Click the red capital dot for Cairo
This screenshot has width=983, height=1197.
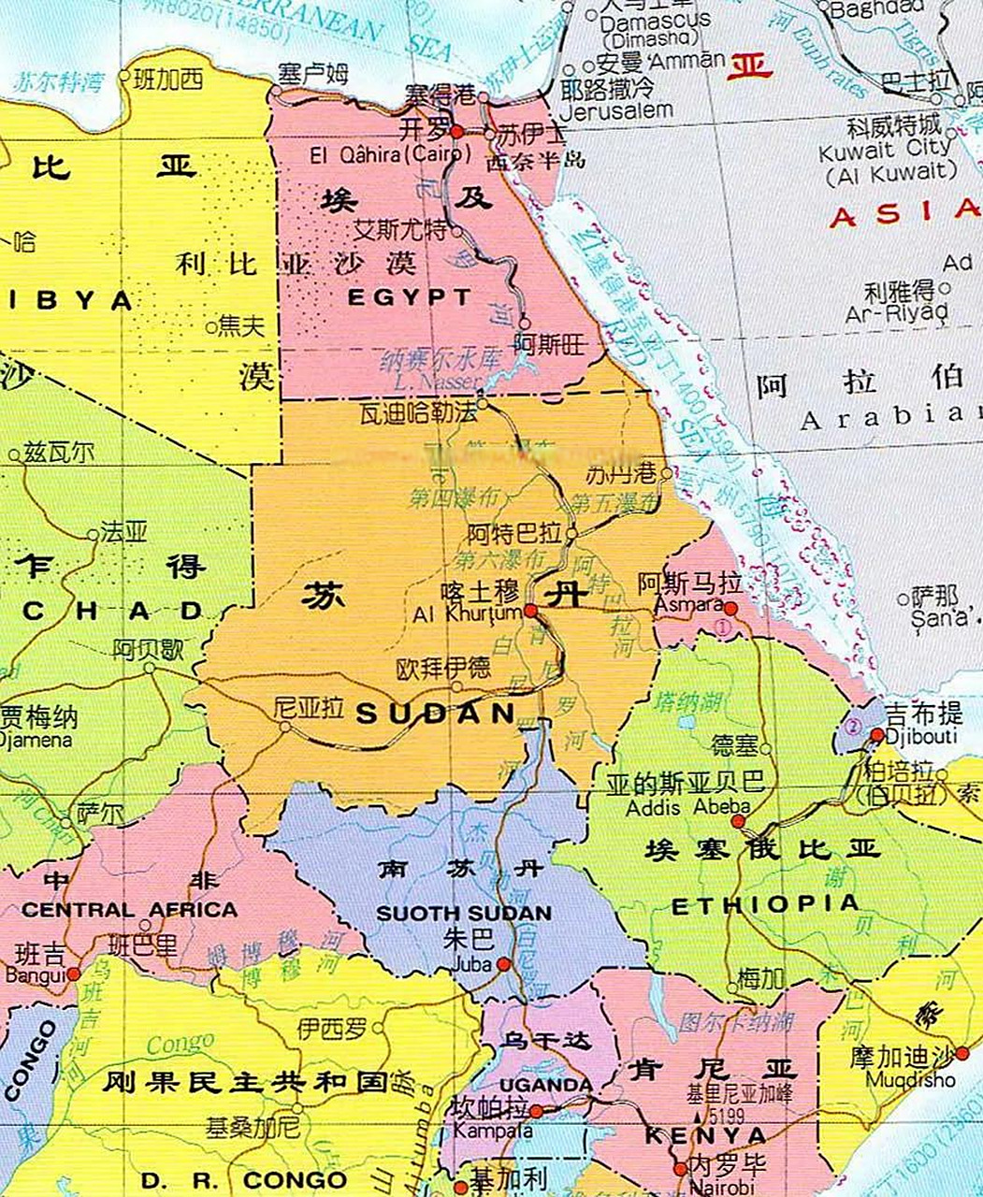click(456, 132)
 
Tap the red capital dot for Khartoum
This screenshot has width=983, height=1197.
click(530, 610)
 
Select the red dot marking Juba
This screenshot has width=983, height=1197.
click(503, 963)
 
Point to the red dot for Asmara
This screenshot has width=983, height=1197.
click(730, 608)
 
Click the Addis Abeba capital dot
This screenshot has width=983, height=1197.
click(738, 821)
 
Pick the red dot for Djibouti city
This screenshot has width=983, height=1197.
click(877, 735)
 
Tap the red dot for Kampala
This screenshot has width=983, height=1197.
click(536, 1111)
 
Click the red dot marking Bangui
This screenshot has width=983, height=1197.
click(73, 973)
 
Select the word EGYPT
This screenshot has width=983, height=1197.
click(410, 298)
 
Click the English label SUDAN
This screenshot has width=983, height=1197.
click(436, 714)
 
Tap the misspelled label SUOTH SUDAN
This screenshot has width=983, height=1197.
click(464, 913)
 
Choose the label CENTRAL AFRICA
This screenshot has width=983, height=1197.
click(129, 909)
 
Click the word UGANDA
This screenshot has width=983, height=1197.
click(546, 1085)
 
